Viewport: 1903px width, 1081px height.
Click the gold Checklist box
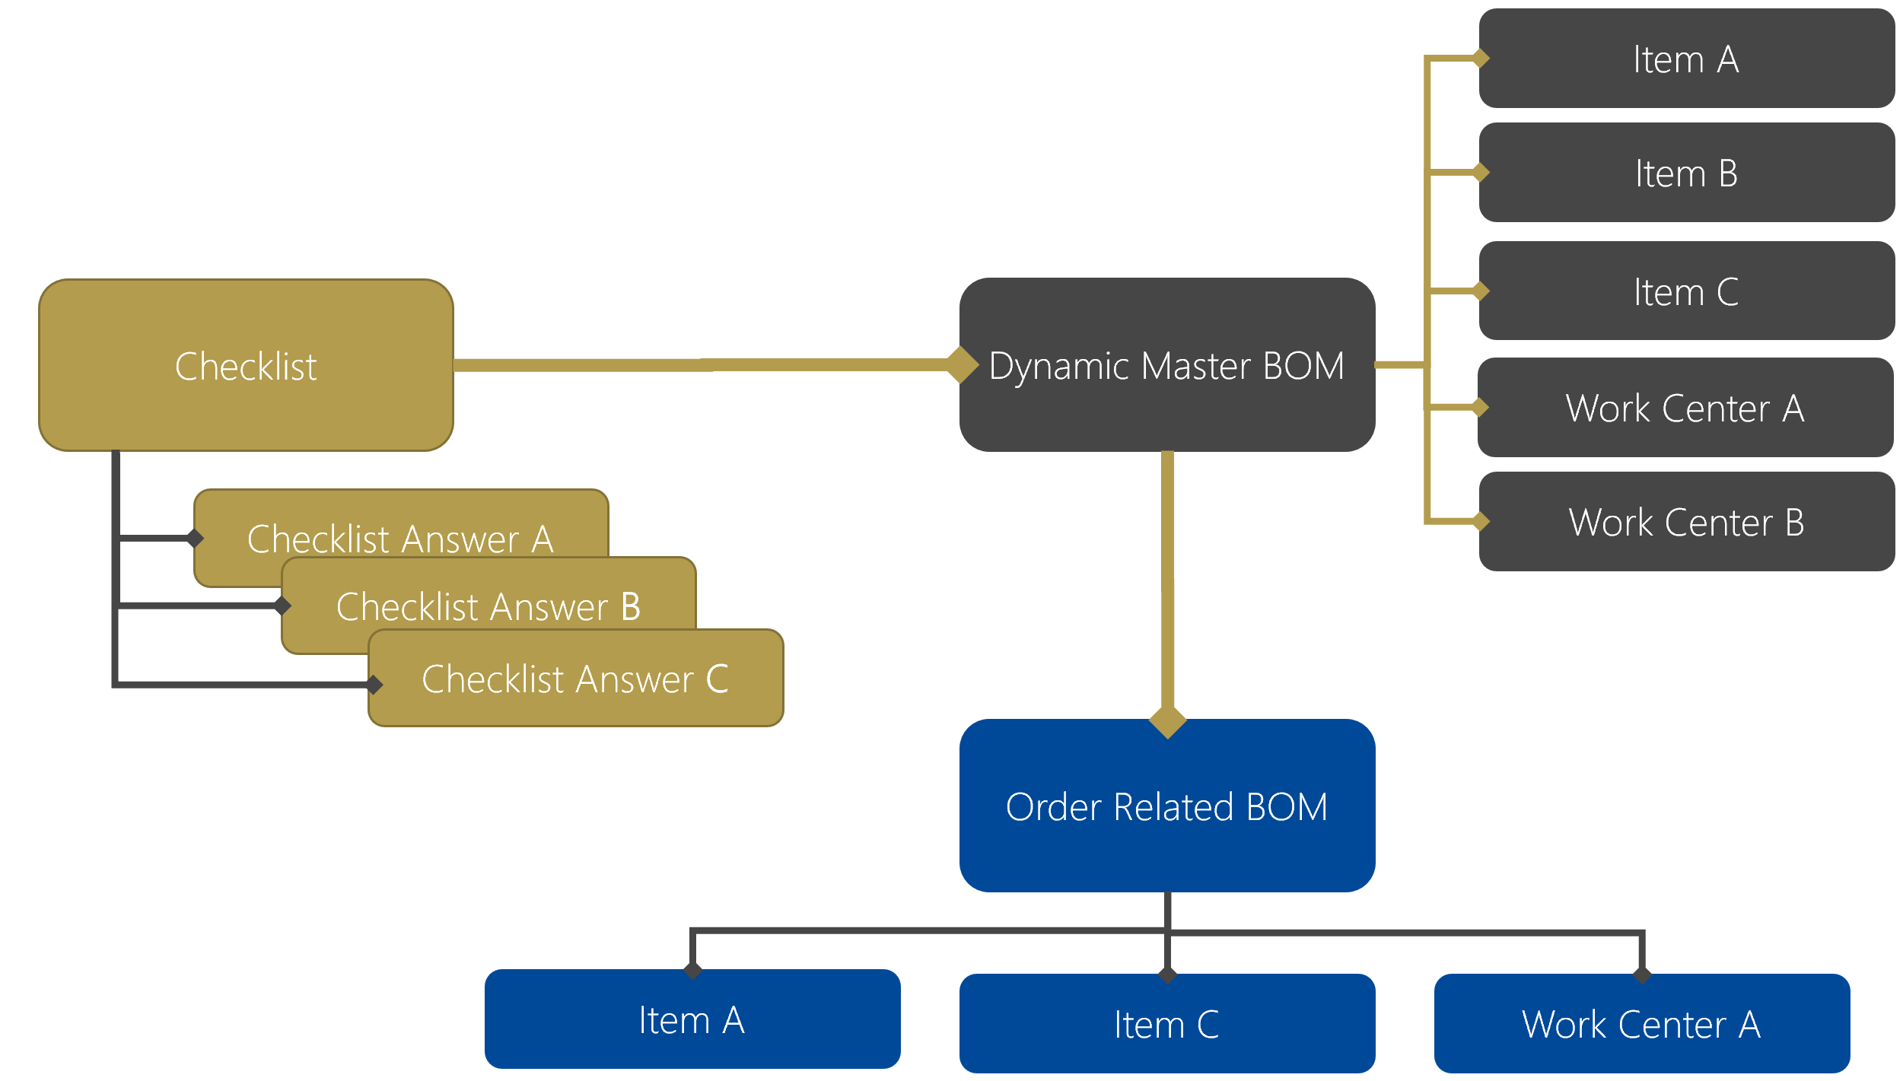[246, 365]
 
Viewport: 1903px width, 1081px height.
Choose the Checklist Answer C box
[575, 679]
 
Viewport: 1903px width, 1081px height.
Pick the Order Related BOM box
[1166, 806]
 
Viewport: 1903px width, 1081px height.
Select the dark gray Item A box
[1686, 59]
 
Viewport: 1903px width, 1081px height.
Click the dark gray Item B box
[1686, 173]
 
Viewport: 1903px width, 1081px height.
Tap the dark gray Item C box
[1686, 291]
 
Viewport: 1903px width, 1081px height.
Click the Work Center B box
[1686, 522]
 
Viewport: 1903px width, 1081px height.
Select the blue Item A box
[692, 1019]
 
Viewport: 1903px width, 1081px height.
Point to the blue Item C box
[1166, 1024]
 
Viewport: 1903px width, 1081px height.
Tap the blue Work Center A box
[1641, 1024]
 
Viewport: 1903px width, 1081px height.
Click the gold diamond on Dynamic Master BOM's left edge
[963, 364]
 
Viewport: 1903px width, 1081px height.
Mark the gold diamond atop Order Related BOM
[1167, 721]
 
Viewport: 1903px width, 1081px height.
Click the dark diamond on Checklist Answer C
[374, 684]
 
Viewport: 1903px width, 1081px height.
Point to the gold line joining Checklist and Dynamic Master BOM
[700, 365]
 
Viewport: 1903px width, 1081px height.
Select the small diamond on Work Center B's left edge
[1481, 521]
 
